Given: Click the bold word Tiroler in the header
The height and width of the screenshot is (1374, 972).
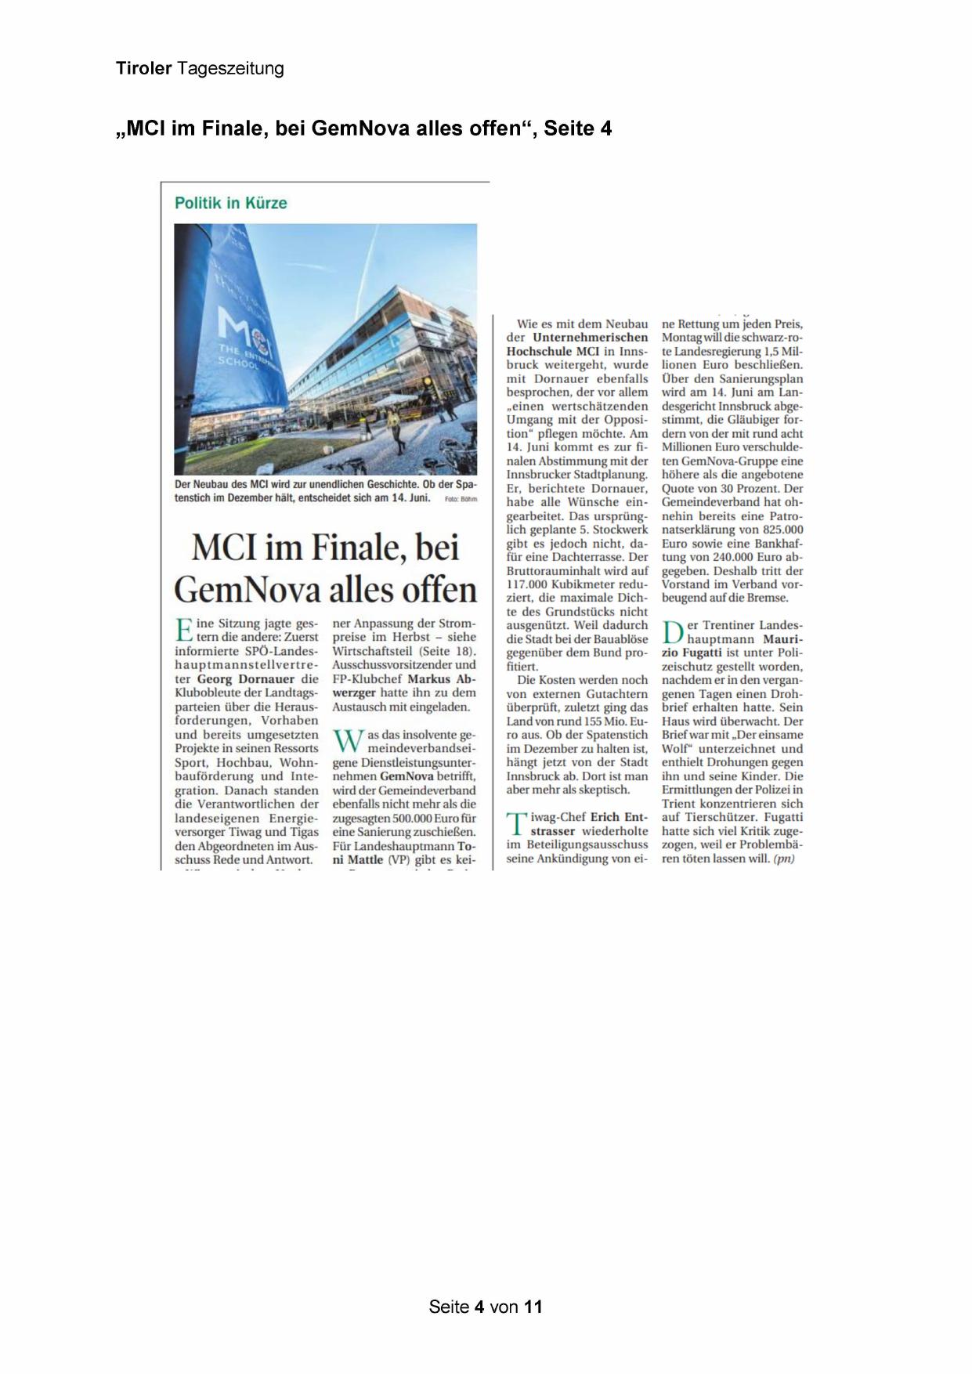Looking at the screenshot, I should (x=143, y=69).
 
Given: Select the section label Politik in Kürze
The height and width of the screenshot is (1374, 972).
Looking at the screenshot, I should (x=230, y=204).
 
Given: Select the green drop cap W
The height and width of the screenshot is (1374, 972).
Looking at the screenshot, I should (x=348, y=741).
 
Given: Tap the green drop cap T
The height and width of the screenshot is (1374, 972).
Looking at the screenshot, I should (x=516, y=824).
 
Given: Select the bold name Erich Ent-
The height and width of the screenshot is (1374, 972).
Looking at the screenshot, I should (x=618, y=817).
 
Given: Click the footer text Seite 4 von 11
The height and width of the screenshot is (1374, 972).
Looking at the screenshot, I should (x=486, y=1307).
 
